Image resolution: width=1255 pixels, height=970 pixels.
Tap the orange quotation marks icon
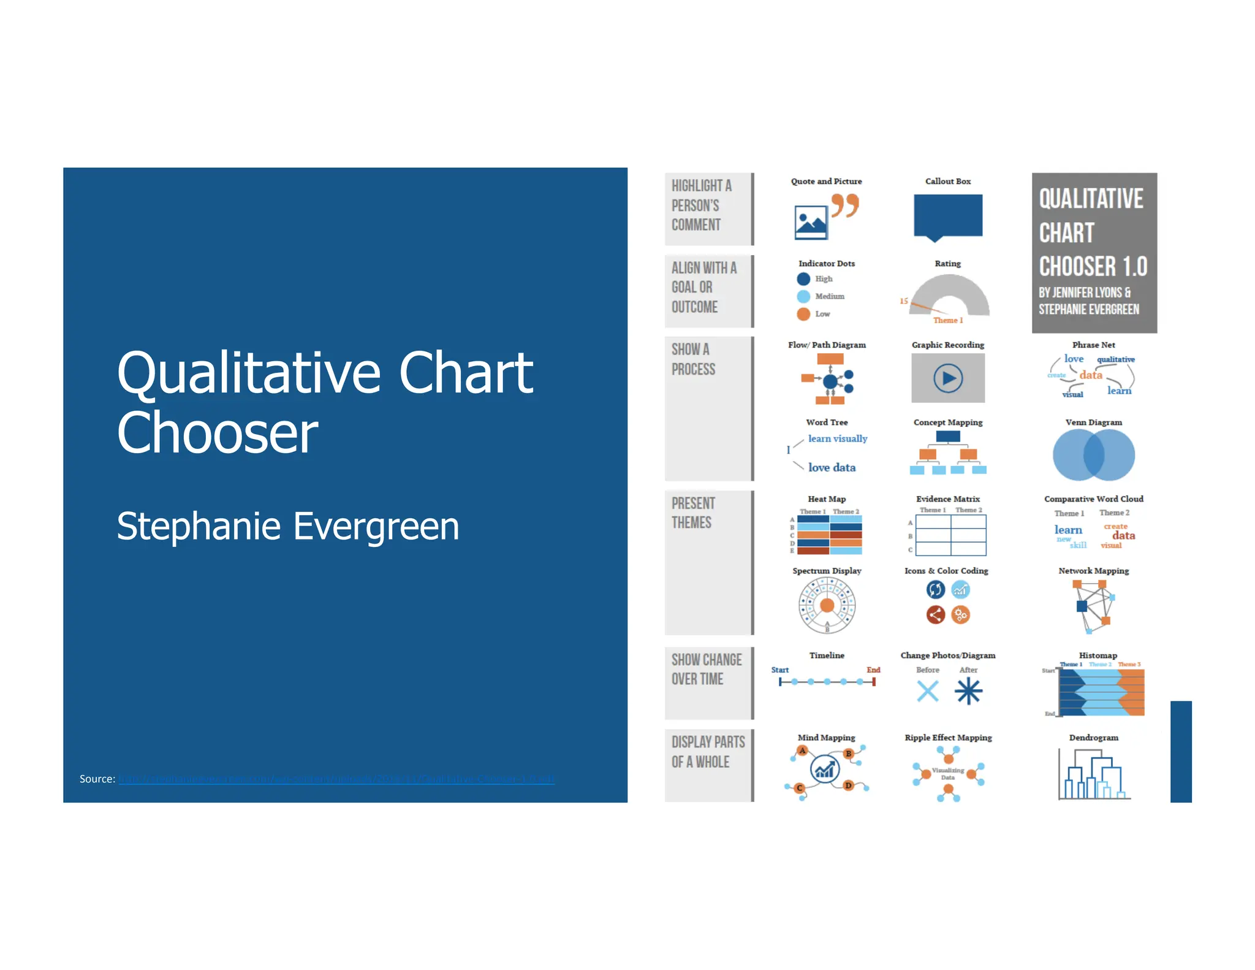[x=845, y=205]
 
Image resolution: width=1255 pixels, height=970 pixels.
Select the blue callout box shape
[x=947, y=215]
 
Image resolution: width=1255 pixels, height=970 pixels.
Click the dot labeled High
[x=803, y=279]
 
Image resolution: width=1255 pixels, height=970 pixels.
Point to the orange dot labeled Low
[x=803, y=314]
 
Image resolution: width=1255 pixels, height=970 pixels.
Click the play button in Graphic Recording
[x=948, y=378]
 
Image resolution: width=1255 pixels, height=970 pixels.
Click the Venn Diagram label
[x=1093, y=422]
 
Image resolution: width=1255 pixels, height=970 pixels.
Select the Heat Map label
[x=827, y=499]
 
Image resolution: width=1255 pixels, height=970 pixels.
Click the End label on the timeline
[x=873, y=670]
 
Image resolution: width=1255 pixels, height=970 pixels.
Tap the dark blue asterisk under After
[x=968, y=692]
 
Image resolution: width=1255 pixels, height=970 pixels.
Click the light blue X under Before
[x=928, y=692]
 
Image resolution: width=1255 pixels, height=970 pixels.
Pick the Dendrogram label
[x=1093, y=738]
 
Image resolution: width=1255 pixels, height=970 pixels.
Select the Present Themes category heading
[x=693, y=513]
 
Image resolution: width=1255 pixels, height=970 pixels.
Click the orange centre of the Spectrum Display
[x=827, y=606]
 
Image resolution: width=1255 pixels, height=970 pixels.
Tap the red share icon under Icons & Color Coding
[x=935, y=614]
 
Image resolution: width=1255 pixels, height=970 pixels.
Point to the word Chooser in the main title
[x=218, y=433]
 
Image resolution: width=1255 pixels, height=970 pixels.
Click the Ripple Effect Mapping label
[x=948, y=738]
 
